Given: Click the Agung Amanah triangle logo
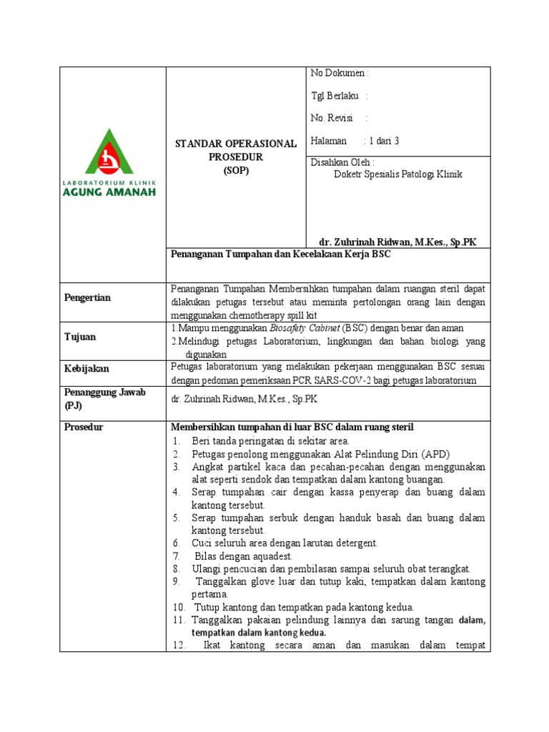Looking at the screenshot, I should tap(109, 152).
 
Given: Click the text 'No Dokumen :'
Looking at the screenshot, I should tap(340, 73).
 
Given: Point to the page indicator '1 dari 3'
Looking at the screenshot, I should tap(383, 142).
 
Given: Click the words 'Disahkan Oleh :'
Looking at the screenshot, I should tap(342, 162).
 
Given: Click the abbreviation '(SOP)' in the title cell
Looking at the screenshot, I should tap(236, 170).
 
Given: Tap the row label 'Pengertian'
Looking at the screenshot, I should tap(88, 298).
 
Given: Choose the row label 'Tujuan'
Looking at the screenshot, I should tap(80, 337).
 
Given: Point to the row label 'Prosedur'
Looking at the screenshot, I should tap(84, 427).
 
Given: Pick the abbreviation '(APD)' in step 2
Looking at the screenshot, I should tap(435, 454).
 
